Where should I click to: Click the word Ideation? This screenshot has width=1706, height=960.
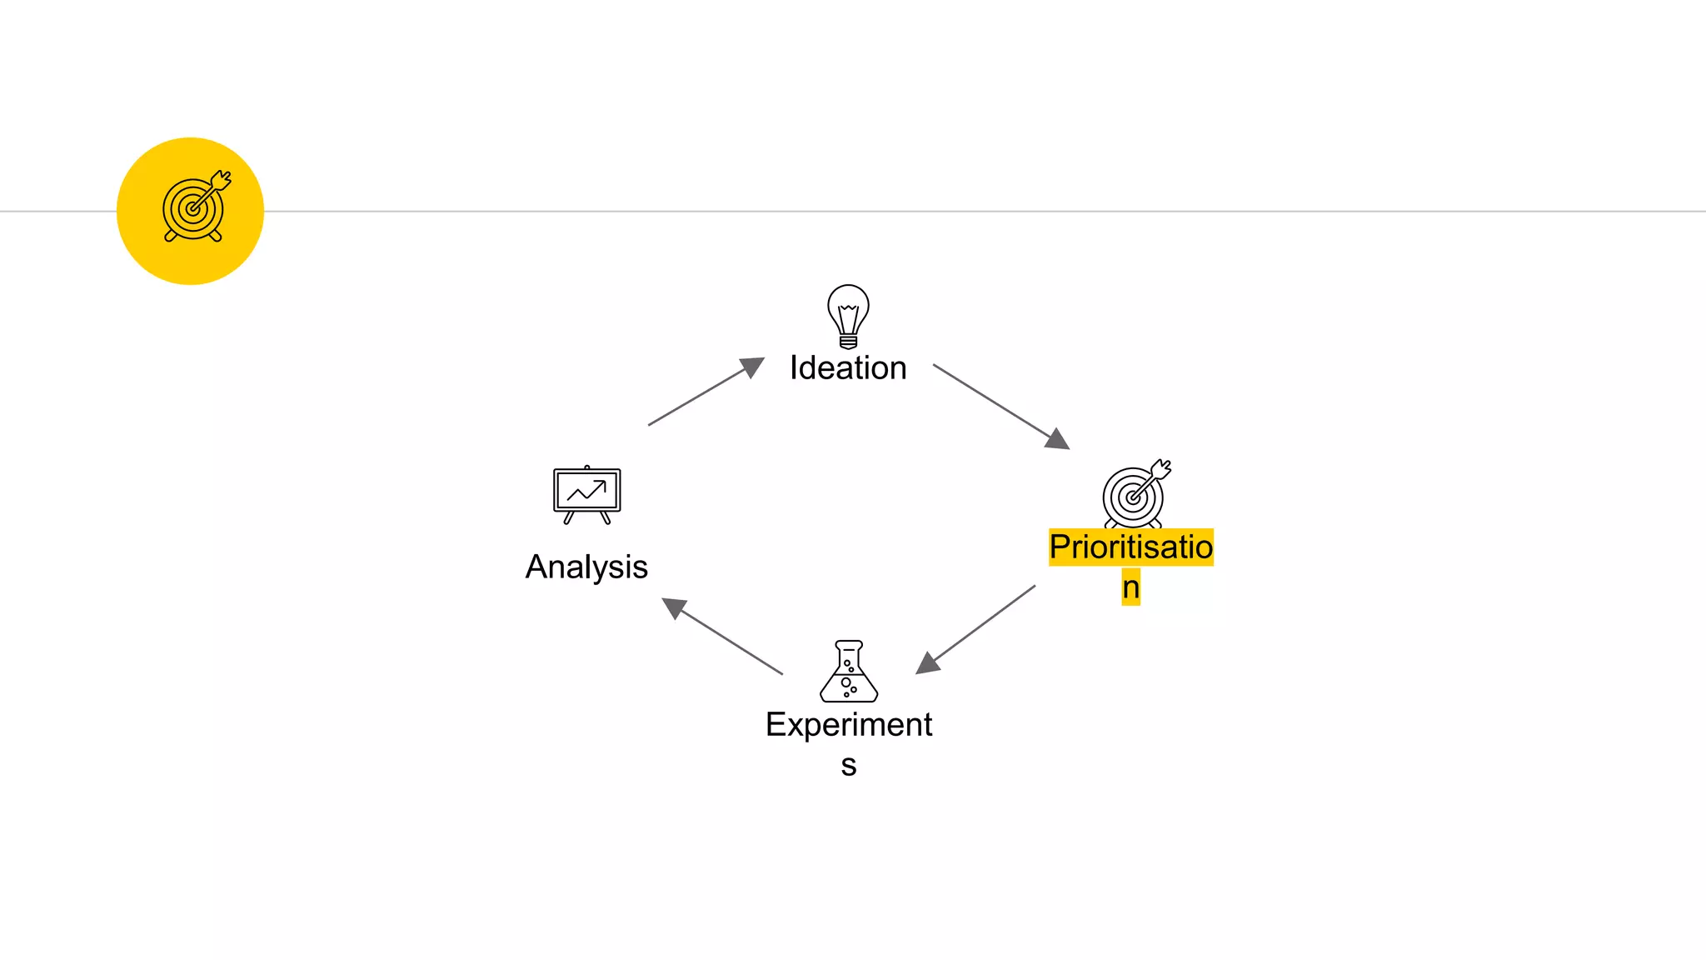coord(848,368)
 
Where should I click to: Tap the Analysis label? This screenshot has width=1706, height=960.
coord(586,567)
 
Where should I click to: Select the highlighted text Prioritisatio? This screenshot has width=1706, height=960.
coord(1130,547)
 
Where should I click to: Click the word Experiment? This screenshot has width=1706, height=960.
coord(849,725)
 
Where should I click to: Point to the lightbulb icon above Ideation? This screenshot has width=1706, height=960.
coord(848,315)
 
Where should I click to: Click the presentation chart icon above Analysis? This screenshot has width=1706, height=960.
coord(587,494)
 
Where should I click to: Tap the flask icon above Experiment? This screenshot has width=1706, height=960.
coord(849,672)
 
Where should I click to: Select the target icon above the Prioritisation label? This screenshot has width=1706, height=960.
coord(1135,494)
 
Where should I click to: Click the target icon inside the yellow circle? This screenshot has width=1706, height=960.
coord(195,207)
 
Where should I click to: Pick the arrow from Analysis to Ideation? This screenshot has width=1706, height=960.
coord(704,392)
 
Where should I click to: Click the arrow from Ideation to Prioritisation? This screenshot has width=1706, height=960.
coord(1000,405)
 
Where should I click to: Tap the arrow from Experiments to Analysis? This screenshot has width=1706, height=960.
coord(722,636)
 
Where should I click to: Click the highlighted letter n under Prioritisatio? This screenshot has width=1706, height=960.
coord(1130,587)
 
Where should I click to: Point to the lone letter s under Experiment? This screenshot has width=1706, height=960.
coord(848,765)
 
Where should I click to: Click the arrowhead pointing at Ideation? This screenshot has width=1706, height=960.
coord(752,367)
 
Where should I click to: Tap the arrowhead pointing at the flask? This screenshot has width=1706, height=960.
coord(927,663)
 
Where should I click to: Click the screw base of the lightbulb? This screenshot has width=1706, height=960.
coord(848,341)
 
